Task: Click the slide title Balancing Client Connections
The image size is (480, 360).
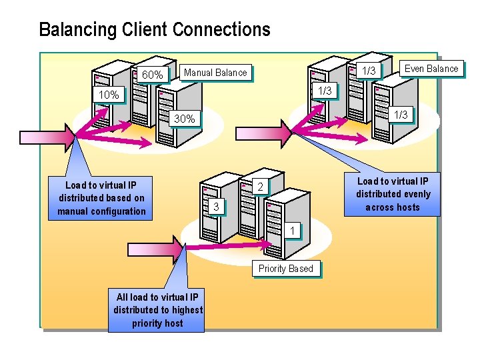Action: tap(155, 30)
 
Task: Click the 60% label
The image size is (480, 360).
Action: tap(152, 75)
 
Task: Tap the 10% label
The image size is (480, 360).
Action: tap(109, 95)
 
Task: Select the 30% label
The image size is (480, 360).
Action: tap(184, 119)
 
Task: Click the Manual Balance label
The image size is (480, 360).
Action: tap(215, 73)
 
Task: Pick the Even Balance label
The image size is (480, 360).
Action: tap(431, 69)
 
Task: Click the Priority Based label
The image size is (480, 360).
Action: tap(285, 269)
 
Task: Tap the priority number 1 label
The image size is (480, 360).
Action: tap(292, 231)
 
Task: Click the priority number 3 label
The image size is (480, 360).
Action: tap(216, 207)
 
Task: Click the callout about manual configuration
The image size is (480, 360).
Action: tap(101, 198)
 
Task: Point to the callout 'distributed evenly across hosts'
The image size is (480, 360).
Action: tap(393, 194)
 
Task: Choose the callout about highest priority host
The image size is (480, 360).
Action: tap(157, 310)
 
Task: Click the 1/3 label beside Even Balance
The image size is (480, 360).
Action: tap(368, 71)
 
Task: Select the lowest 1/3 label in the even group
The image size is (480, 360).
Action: tap(401, 115)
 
